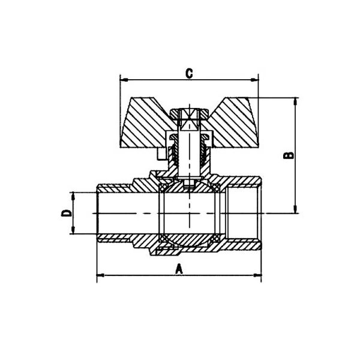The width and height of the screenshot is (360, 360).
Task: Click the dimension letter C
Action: (x=188, y=73)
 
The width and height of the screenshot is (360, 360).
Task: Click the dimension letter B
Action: (x=289, y=155)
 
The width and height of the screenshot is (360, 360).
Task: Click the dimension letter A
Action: (x=178, y=269)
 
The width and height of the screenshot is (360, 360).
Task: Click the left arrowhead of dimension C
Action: (x=124, y=79)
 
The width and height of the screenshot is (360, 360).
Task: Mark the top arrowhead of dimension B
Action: (x=295, y=100)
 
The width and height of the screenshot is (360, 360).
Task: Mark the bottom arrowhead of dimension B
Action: (x=295, y=209)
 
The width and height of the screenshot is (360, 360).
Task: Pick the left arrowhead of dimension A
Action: (x=100, y=276)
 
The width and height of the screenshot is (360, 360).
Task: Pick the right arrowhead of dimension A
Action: (x=259, y=276)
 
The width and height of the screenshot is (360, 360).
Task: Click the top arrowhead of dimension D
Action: (x=73, y=196)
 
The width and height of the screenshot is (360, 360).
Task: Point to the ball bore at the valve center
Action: (x=189, y=214)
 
